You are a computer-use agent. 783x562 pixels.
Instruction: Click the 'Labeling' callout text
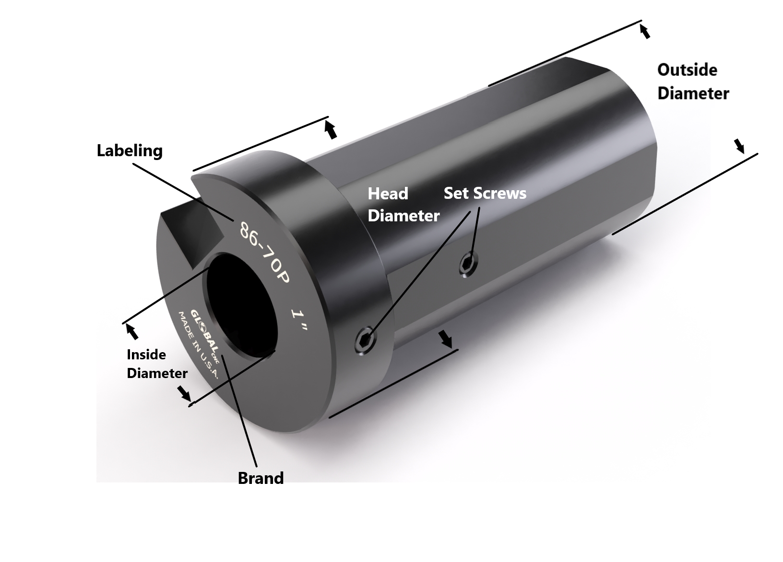[x=130, y=151]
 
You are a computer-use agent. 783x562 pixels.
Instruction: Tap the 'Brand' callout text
[x=261, y=478]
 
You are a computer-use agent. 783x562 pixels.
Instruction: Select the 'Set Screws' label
[x=485, y=193]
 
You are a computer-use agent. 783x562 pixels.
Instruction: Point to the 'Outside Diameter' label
[x=692, y=81]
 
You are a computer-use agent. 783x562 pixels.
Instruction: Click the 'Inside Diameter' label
[x=156, y=364]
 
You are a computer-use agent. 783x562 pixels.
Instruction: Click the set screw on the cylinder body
[x=469, y=263]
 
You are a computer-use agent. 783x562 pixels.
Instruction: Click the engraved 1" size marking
[x=299, y=320]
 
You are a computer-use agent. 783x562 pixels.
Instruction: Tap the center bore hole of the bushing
[x=240, y=307]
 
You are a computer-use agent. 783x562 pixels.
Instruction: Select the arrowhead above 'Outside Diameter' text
[x=645, y=32]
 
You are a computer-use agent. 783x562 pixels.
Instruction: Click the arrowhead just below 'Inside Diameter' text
[x=184, y=394]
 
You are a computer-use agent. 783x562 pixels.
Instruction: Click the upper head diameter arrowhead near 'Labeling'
[x=331, y=130]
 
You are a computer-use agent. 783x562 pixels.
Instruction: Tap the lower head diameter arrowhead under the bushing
[x=446, y=339]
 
